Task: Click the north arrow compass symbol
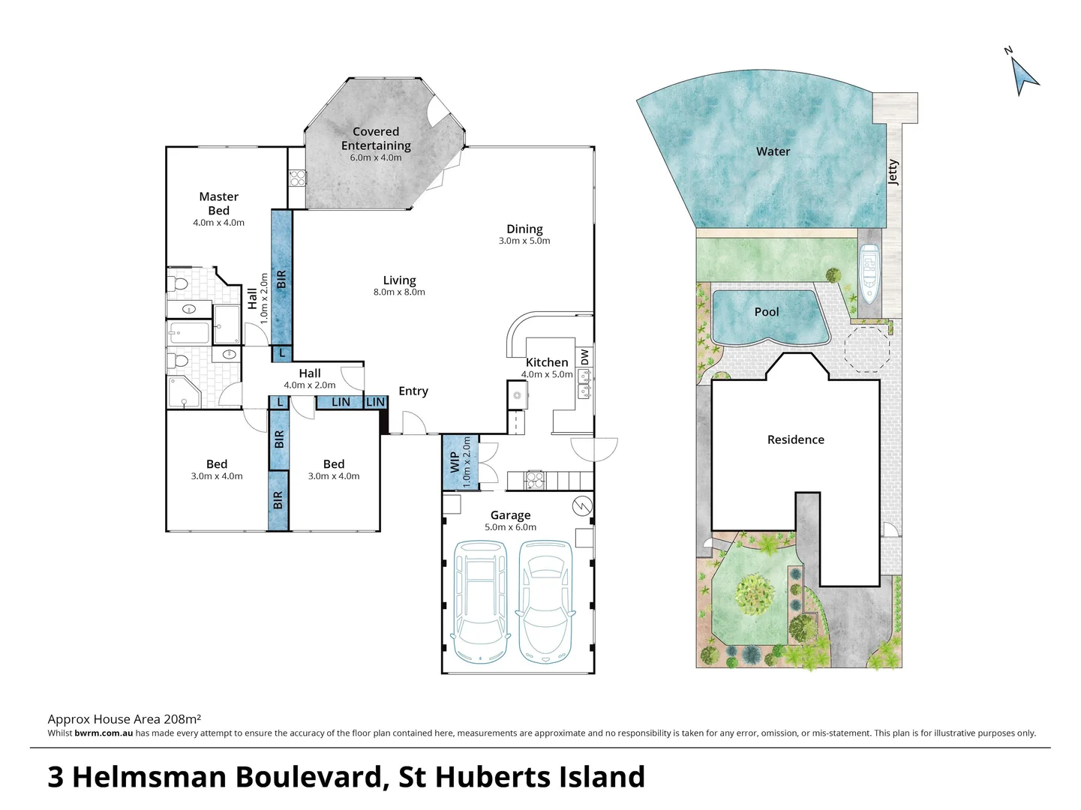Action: coord(1025,76)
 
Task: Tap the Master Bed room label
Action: coord(218,203)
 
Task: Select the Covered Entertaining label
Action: coord(376,138)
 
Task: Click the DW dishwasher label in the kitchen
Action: coord(584,356)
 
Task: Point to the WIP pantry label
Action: coord(455,462)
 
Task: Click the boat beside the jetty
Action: coord(869,274)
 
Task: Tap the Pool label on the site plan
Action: coord(767,312)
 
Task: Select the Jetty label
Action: coord(893,172)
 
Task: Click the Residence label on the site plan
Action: coord(795,439)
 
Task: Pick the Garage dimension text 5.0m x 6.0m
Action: coord(510,526)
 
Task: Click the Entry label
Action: coord(413,391)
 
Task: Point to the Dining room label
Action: coord(524,229)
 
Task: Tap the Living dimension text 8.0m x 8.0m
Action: coord(399,292)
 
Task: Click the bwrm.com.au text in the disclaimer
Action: coord(104,733)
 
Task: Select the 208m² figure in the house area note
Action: coord(183,719)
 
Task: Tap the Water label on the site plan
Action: coord(773,151)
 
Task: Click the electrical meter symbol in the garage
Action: coord(582,505)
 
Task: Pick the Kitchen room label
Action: coord(547,362)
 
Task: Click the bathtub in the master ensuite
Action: coord(188,333)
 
